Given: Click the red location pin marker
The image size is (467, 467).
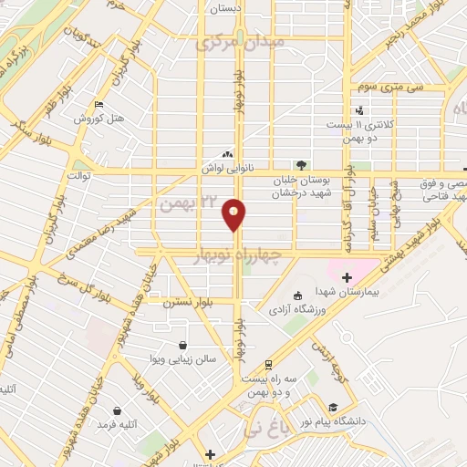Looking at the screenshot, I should pyautogui.click(x=235, y=214).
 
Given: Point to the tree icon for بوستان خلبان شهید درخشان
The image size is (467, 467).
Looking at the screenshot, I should pyautogui.click(x=301, y=165).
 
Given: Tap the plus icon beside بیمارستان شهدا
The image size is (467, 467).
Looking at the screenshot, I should pyautogui.click(x=347, y=277).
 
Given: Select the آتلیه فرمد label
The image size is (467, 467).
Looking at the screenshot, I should pyautogui.click(x=116, y=424).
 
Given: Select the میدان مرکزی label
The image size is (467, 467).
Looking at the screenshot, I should pyautogui.click(x=241, y=42).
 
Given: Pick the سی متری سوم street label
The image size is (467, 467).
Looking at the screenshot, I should pyautogui.click(x=378, y=88).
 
